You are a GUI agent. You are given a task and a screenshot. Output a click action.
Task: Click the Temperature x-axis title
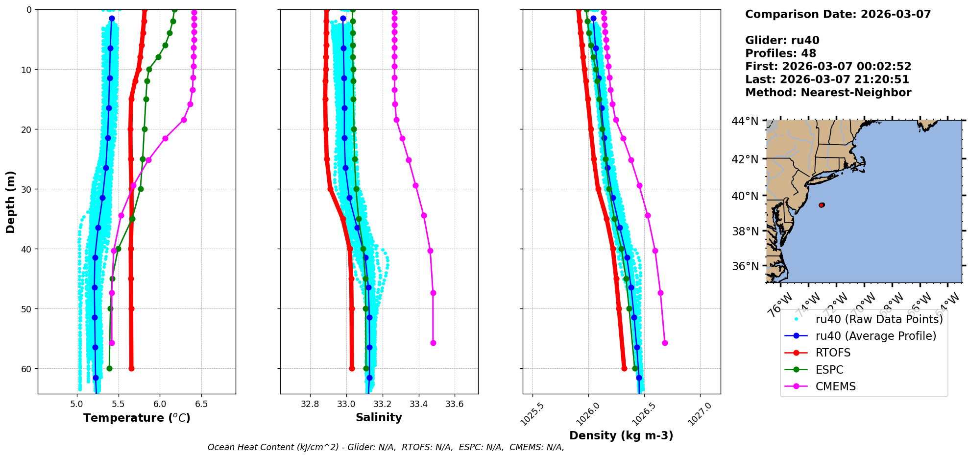coord(137,418)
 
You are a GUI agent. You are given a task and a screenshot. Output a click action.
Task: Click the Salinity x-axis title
coord(379,417)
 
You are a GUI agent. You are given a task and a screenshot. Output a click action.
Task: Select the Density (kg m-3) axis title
coord(621,435)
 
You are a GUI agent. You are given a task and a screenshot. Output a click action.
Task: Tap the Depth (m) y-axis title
coord(11,202)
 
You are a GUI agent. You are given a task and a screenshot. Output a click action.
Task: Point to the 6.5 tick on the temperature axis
coord(201,404)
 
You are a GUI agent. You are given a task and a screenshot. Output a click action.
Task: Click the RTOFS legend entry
coord(833,353)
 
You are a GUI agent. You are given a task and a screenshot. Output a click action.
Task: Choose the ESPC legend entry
coord(829,370)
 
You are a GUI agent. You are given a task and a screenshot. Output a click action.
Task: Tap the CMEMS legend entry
coord(835,386)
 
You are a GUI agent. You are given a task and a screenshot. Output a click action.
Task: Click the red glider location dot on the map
coord(822,205)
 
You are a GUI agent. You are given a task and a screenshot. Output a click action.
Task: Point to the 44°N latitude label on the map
coord(745,121)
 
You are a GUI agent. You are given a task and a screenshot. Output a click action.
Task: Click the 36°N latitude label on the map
coord(745,266)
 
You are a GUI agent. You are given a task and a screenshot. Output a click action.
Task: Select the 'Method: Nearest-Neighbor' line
coord(828,93)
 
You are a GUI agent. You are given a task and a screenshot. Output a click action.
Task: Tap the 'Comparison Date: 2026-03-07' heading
coord(838,14)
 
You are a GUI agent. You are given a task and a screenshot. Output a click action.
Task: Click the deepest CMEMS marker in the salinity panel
coord(433,343)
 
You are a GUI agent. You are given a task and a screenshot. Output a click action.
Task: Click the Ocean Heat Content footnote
coord(386,447)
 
